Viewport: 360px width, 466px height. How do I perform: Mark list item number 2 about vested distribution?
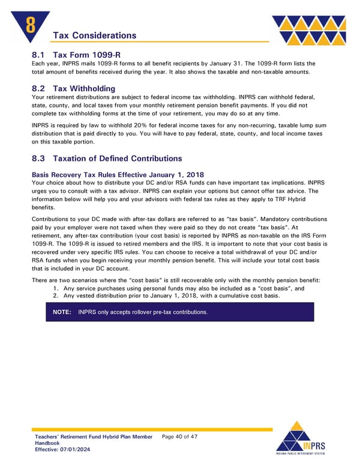170,296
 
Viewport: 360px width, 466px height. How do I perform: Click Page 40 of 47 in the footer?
179,437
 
